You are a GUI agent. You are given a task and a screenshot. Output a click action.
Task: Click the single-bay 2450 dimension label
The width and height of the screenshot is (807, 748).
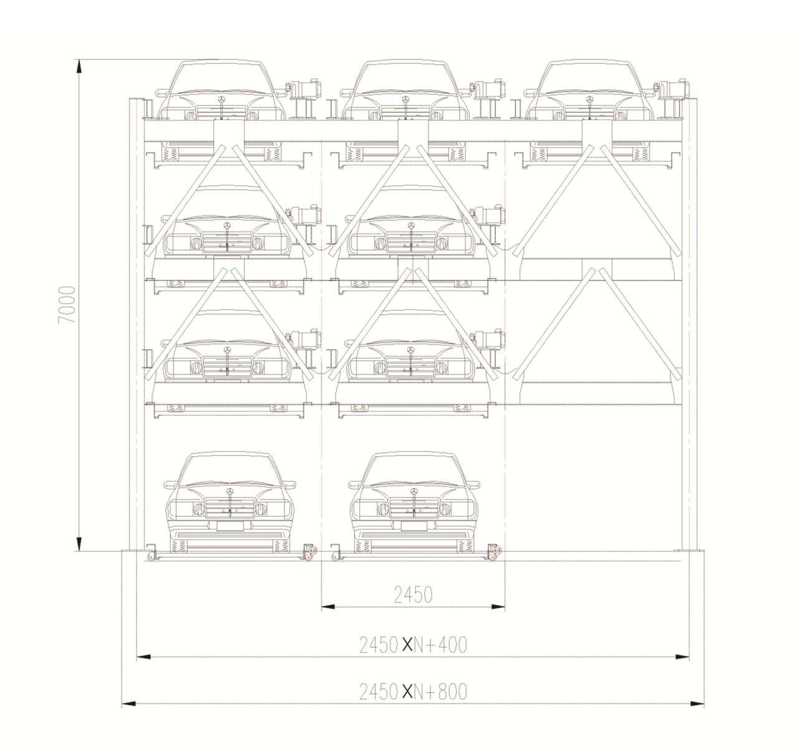tap(413, 595)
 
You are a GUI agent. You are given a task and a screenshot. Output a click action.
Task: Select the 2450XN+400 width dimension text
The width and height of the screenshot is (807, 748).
tap(413, 645)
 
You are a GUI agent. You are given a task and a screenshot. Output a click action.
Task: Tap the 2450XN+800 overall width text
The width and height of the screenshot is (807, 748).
tap(413, 692)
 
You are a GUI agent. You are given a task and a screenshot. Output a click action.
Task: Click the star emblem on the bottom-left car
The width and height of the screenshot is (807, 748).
tap(230, 492)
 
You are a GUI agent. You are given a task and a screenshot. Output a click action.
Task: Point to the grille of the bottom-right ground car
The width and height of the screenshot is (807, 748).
tap(414, 508)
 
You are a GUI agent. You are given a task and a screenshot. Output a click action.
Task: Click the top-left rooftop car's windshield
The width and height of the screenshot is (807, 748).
tap(221, 78)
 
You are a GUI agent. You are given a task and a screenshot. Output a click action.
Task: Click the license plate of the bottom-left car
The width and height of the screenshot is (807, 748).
tap(230, 526)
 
